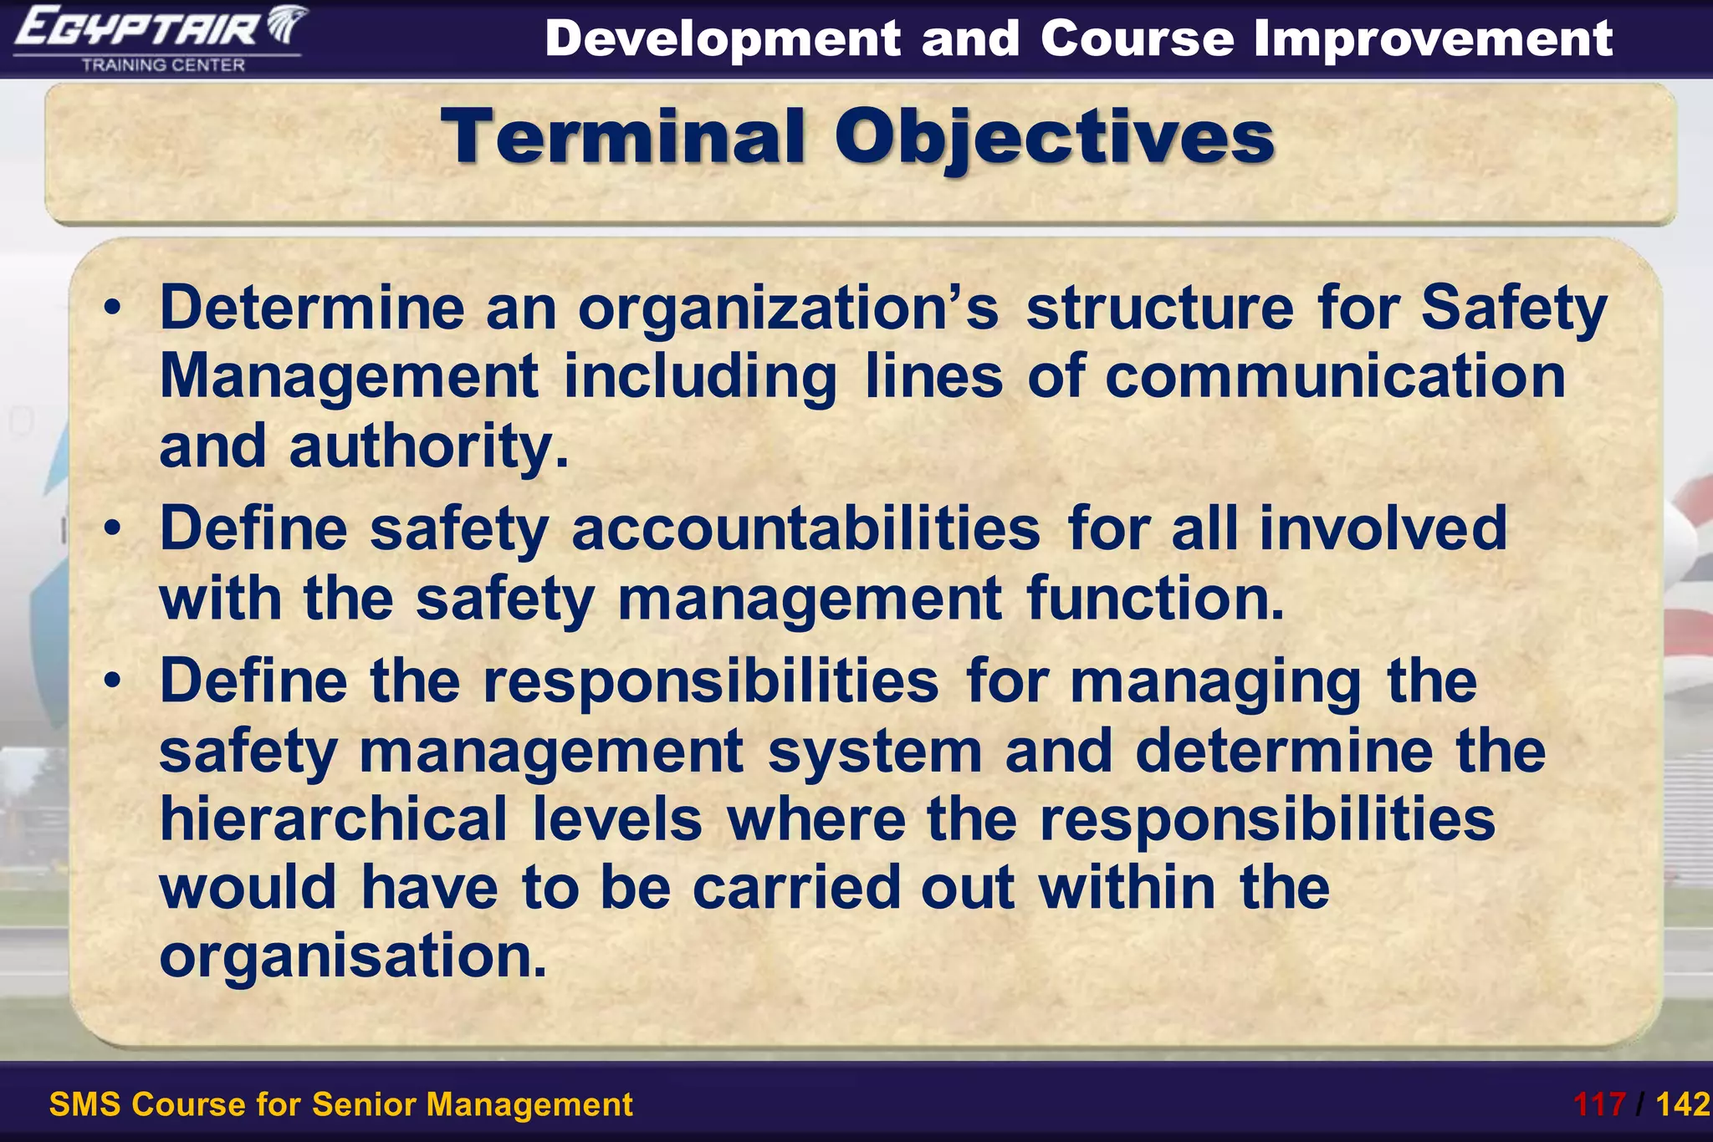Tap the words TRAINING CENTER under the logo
(x=163, y=65)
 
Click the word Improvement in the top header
(x=1433, y=38)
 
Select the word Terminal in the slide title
(x=623, y=137)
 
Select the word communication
(x=1335, y=377)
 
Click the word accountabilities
(x=805, y=529)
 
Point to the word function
(x=1154, y=599)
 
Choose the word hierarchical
(x=333, y=819)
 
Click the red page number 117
(x=1599, y=1105)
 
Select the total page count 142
(x=1682, y=1105)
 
